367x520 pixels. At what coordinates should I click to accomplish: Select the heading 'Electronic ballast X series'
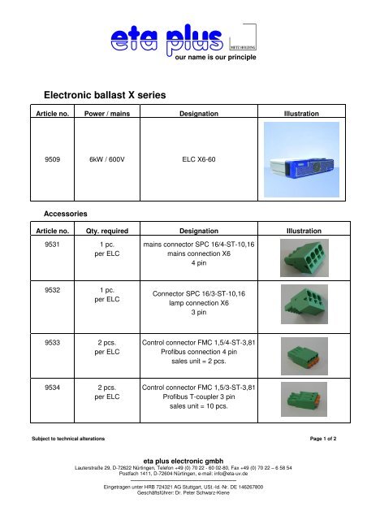[x=106, y=95]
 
